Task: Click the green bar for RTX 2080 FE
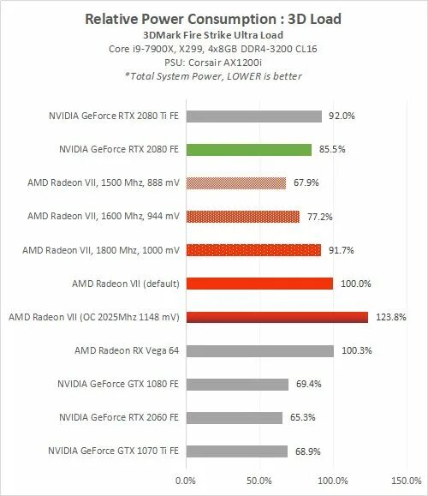click(x=247, y=149)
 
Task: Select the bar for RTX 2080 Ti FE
click(x=253, y=116)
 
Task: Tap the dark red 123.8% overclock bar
click(x=276, y=317)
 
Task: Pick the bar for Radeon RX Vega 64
click(x=259, y=350)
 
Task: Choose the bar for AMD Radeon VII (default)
click(x=258, y=284)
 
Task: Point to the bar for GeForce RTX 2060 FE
click(x=233, y=417)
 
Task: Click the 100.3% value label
click(x=354, y=350)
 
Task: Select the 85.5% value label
click(x=330, y=149)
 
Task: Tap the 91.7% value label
click(x=339, y=250)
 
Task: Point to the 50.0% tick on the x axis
click(x=258, y=481)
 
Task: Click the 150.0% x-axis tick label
click(x=405, y=481)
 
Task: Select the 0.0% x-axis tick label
click(x=185, y=481)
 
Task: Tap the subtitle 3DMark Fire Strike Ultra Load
click(x=215, y=37)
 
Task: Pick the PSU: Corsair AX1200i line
click(x=215, y=63)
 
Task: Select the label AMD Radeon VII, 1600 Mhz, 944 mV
click(x=102, y=217)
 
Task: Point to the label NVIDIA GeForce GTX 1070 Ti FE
click(x=114, y=451)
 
